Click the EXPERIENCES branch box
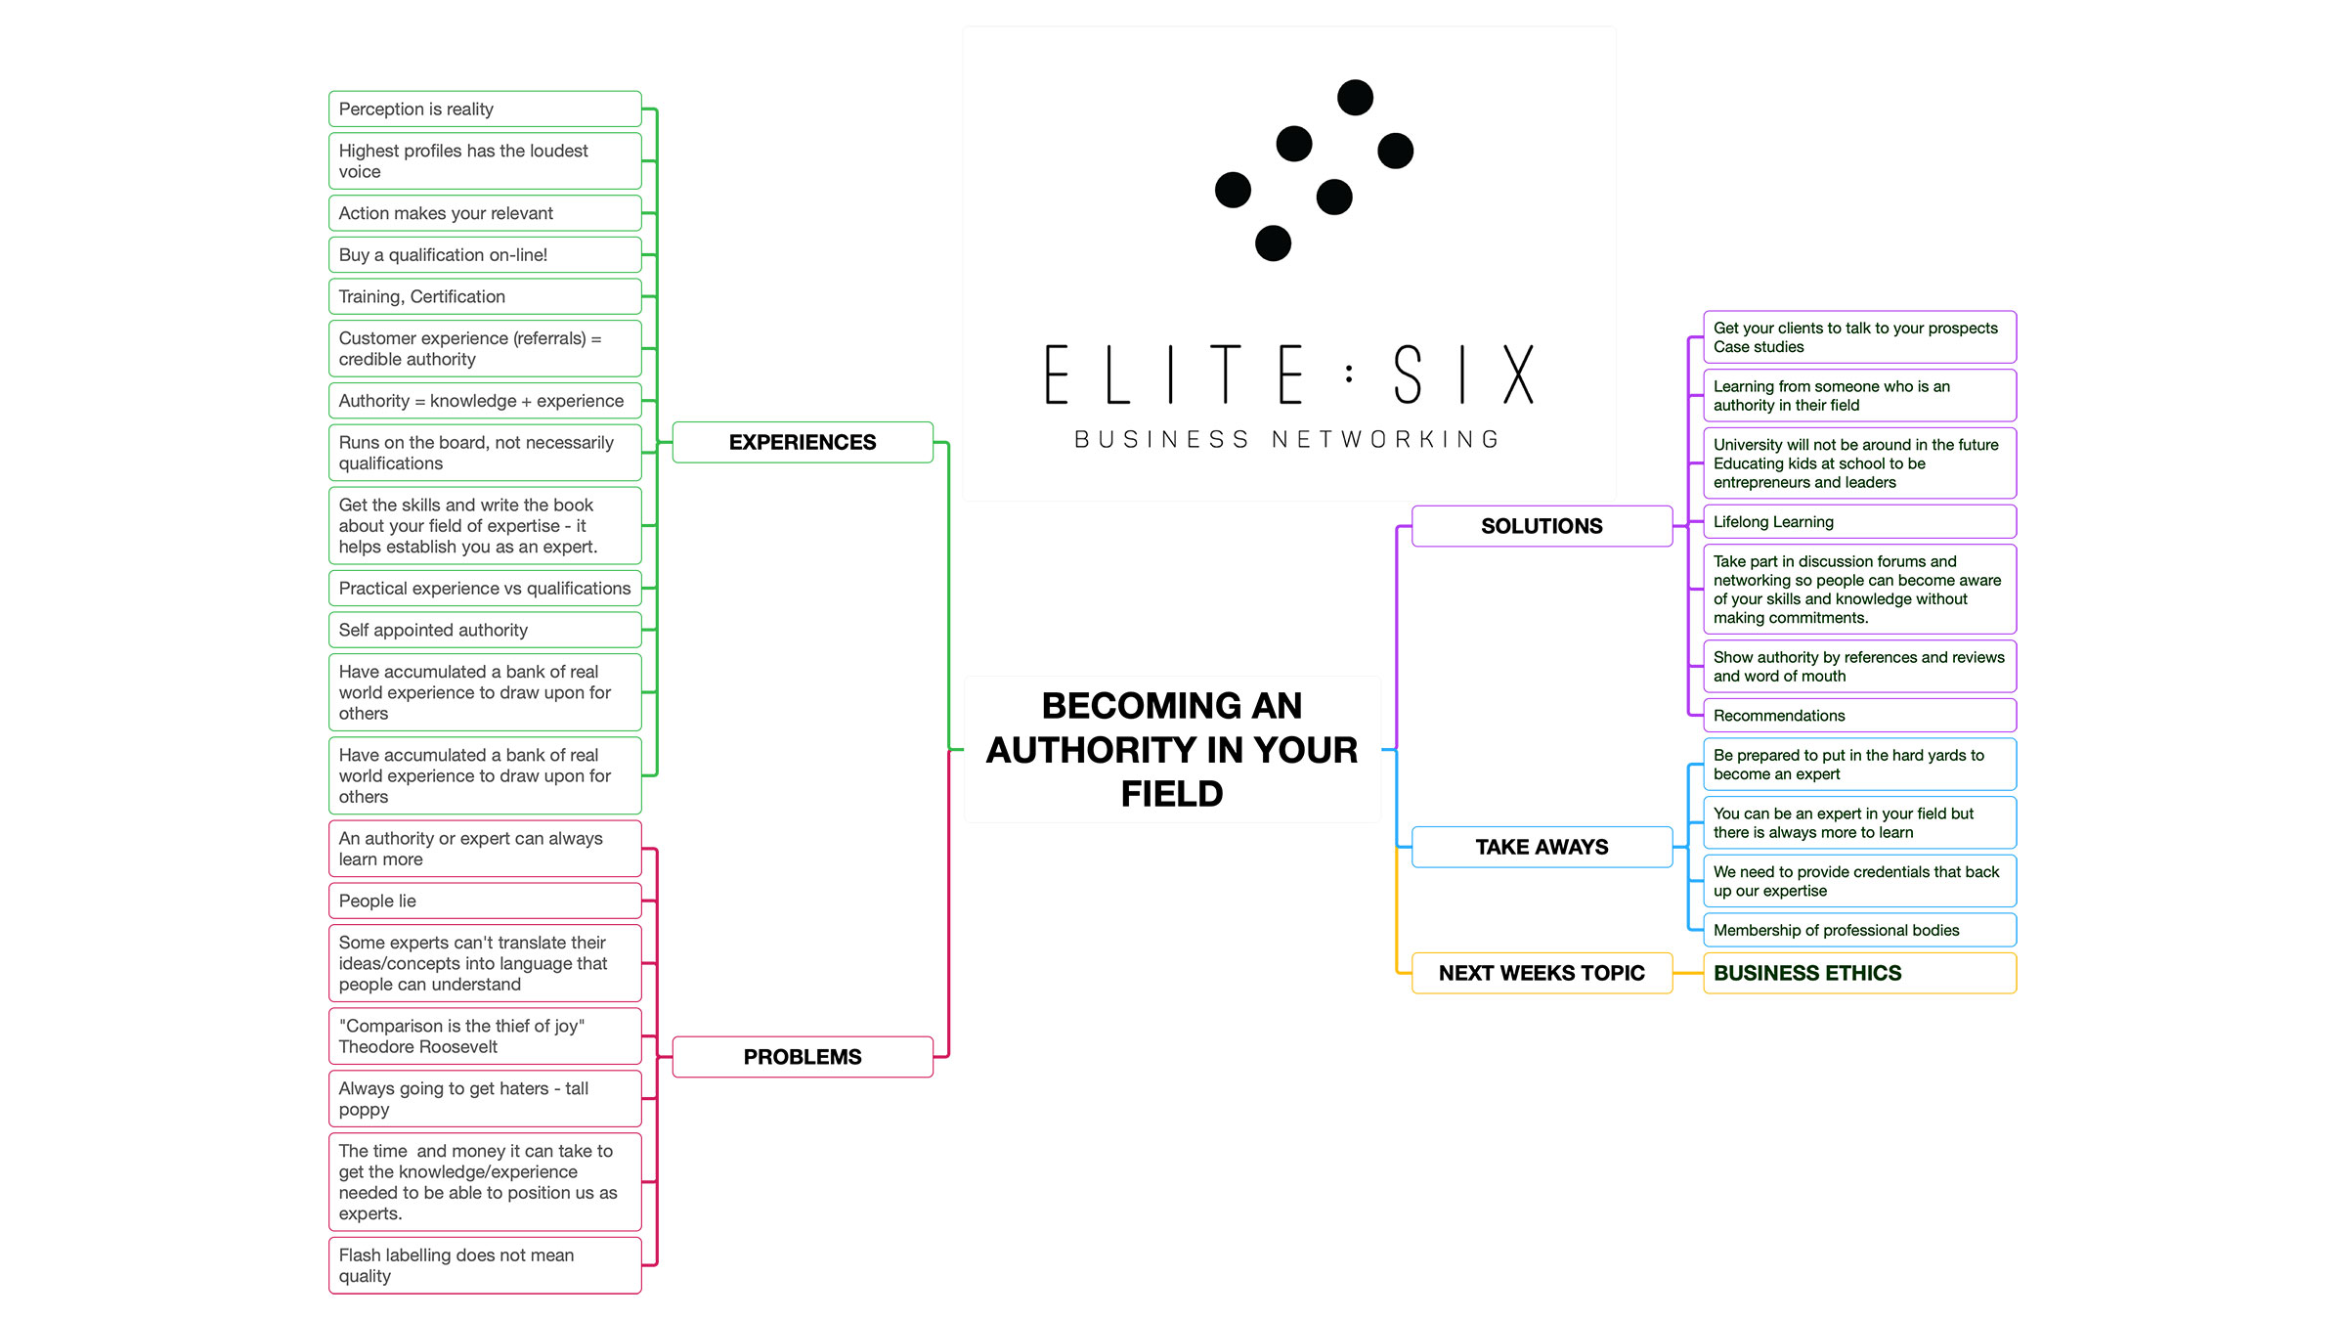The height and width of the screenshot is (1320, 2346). coord(803,442)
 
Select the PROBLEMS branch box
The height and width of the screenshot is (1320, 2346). coord(803,1057)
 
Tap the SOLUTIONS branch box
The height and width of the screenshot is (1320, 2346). coord(1542,526)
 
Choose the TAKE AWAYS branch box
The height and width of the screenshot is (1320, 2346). coord(1542,847)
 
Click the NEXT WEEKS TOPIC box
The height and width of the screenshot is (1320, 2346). coord(1542,973)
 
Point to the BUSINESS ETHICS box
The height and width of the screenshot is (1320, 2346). coord(1858,973)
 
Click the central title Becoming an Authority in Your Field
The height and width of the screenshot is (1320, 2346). coord(1172,749)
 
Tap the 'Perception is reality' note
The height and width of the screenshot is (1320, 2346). coord(485,110)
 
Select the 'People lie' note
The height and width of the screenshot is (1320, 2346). coord(485,901)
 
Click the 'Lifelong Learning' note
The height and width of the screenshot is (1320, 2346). coord(1858,522)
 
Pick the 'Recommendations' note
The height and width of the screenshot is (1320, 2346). coord(1858,716)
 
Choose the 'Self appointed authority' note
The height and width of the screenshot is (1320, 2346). coord(485,630)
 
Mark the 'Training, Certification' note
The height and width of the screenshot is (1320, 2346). coord(485,296)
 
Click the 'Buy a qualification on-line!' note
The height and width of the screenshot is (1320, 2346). coord(485,255)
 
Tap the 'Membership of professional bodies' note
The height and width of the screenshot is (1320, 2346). coord(1858,930)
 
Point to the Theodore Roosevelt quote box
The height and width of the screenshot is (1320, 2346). coord(485,1036)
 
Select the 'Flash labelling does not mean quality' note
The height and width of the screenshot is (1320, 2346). coord(485,1265)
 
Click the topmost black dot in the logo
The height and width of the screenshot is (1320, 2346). coord(1355,98)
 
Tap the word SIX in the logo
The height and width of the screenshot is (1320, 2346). coord(1463,374)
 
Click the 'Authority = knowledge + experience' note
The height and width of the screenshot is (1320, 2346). coord(485,401)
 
